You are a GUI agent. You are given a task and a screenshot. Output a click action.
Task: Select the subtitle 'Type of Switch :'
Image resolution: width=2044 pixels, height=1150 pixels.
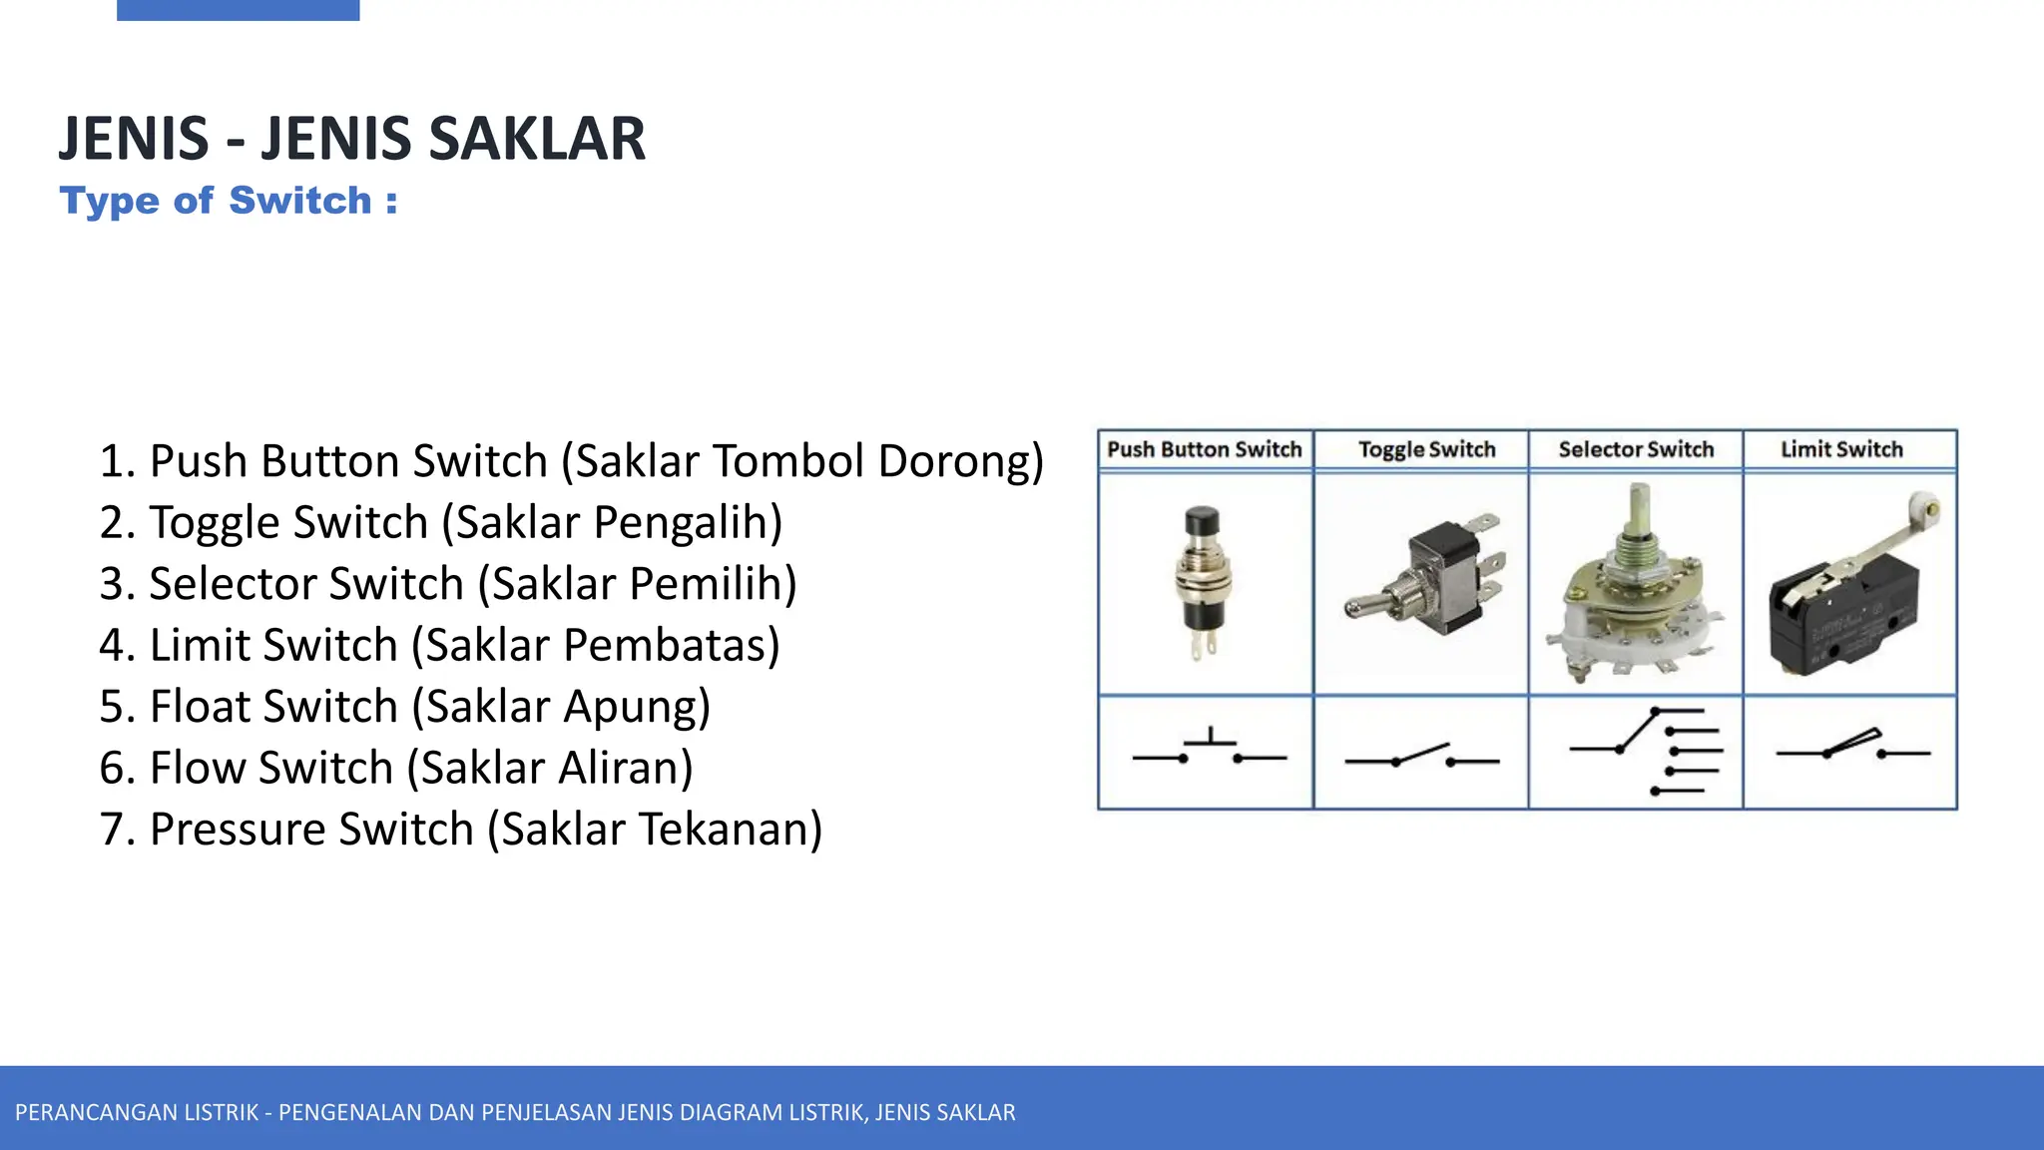pyautogui.click(x=229, y=201)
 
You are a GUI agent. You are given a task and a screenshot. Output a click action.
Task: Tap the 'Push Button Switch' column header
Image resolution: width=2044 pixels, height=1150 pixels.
pyautogui.click(x=1205, y=449)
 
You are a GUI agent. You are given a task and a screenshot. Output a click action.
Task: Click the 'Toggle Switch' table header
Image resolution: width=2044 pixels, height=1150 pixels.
pyautogui.click(x=1426, y=449)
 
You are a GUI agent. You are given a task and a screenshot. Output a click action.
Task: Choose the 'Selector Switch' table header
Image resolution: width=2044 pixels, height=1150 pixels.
pyautogui.click(x=1636, y=449)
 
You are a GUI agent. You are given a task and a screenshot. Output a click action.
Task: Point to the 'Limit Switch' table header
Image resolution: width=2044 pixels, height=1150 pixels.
pyautogui.click(x=1841, y=449)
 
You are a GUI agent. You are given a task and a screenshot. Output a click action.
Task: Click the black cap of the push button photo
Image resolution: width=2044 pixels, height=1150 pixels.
pyautogui.click(x=1202, y=521)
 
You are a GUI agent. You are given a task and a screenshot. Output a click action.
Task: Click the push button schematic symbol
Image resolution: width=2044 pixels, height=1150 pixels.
pyautogui.click(x=1209, y=751)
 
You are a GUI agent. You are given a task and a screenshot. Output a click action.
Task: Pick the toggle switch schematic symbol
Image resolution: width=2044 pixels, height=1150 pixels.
pyautogui.click(x=1421, y=757)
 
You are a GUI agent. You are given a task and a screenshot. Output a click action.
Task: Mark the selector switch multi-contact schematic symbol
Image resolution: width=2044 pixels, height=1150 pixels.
pyautogui.click(x=1647, y=751)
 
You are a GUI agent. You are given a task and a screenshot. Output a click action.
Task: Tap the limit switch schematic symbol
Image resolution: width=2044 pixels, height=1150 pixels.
pyautogui.click(x=1852, y=747)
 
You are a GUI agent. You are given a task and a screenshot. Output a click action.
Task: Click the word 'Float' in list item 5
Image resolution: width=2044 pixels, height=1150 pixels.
pyautogui.click(x=198, y=707)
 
